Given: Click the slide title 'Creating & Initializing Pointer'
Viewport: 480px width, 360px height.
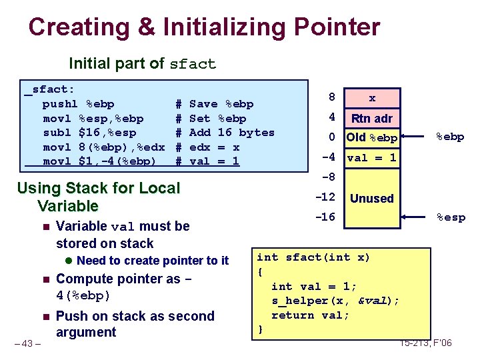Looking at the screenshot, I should tap(204, 27).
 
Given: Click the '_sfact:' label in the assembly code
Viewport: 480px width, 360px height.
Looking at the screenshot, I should tap(51, 89).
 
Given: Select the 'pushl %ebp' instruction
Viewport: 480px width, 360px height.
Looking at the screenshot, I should tap(78, 104).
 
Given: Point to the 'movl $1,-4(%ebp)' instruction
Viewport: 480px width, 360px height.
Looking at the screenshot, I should tap(99, 161).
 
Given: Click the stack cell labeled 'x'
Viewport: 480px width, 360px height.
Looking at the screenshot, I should tap(371, 98).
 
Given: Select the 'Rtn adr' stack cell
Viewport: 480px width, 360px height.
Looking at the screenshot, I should tap(371, 119).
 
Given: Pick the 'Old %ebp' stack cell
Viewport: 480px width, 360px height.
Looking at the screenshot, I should tap(371, 139).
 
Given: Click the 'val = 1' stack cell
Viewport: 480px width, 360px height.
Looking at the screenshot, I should tap(371, 158).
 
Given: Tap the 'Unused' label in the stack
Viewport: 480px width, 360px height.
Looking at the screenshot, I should tap(371, 198).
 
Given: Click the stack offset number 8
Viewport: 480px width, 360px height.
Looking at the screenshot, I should tap(331, 97).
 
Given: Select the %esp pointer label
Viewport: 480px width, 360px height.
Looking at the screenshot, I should tap(451, 217).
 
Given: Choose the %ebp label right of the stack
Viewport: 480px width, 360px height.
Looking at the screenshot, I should tap(451, 137).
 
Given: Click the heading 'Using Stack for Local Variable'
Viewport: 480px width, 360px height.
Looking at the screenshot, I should tap(98, 197).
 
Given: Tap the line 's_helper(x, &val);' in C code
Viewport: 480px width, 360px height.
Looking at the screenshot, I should tap(335, 301).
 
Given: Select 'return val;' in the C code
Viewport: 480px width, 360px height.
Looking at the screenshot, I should tap(310, 315).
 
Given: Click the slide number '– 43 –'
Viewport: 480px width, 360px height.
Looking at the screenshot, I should tap(28, 343).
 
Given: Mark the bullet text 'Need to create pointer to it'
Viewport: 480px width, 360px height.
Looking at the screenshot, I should tap(153, 261).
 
